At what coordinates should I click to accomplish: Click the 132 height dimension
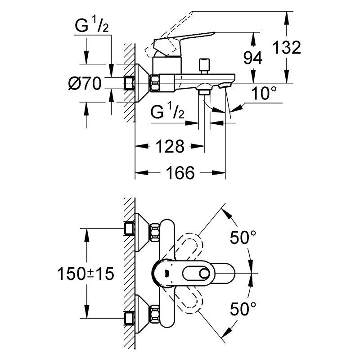click(287, 48)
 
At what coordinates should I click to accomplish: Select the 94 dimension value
click(252, 58)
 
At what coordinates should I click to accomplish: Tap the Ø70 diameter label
click(85, 83)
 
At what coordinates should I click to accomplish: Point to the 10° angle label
click(264, 93)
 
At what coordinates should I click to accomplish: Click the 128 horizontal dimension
click(170, 146)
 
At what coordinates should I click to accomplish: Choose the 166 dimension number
click(180, 173)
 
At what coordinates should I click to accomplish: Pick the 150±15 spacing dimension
click(85, 274)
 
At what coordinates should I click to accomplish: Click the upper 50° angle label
click(243, 237)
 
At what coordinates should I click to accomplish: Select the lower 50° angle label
click(243, 309)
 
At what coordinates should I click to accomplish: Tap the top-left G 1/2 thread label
click(92, 26)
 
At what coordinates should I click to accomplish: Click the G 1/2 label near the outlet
click(167, 112)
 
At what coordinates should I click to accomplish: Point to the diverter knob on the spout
click(205, 66)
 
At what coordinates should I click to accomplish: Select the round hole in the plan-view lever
click(204, 274)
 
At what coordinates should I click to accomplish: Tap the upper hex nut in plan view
click(155, 232)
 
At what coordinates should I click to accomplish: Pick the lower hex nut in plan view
click(155, 314)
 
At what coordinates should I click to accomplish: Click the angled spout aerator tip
click(224, 86)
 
